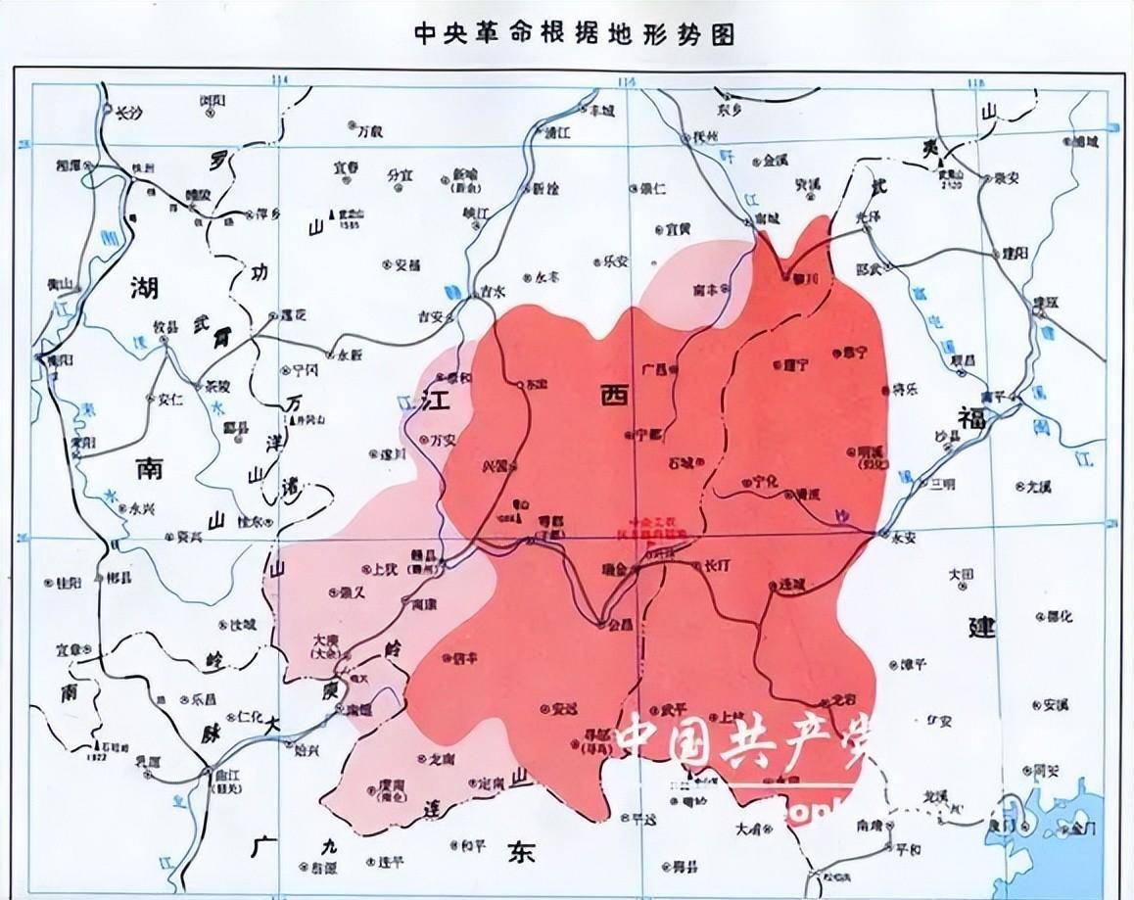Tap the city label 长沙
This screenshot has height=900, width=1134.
(x=129, y=112)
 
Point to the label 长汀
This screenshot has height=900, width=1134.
(x=718, y=566)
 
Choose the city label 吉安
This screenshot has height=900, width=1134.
(x=431, y=316)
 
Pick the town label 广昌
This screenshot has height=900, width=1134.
(x=653, y=370)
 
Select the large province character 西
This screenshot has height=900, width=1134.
(x=613, y=395)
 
